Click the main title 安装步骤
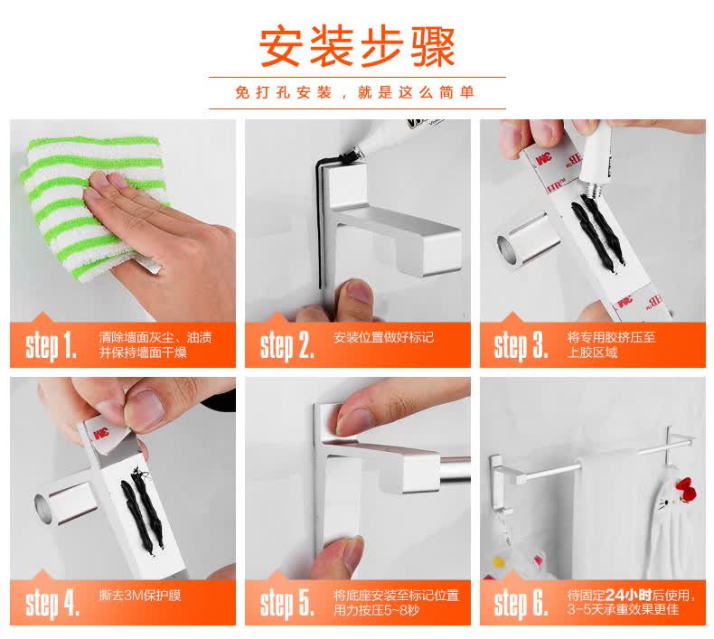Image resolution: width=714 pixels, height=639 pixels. (358, 47)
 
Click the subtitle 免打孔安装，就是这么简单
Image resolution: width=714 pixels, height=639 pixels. (355, 92)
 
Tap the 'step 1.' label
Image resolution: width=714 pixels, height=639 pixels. (50, 346)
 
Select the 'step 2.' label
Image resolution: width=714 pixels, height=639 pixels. (287, 346)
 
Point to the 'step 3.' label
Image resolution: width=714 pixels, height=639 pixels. (521, 346)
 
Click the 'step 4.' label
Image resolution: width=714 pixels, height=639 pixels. (52, 604)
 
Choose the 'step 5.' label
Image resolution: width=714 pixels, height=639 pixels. (287, 604)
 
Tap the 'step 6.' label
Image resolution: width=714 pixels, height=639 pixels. (521, 604)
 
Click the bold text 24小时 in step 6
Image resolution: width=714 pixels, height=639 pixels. (628, 595)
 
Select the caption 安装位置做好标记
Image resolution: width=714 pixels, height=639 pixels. (383, 337)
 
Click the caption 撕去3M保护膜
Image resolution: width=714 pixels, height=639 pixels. (140, 596)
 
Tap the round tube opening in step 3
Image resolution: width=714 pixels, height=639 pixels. (505, 249)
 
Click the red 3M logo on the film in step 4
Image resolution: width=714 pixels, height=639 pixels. (101, 433)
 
